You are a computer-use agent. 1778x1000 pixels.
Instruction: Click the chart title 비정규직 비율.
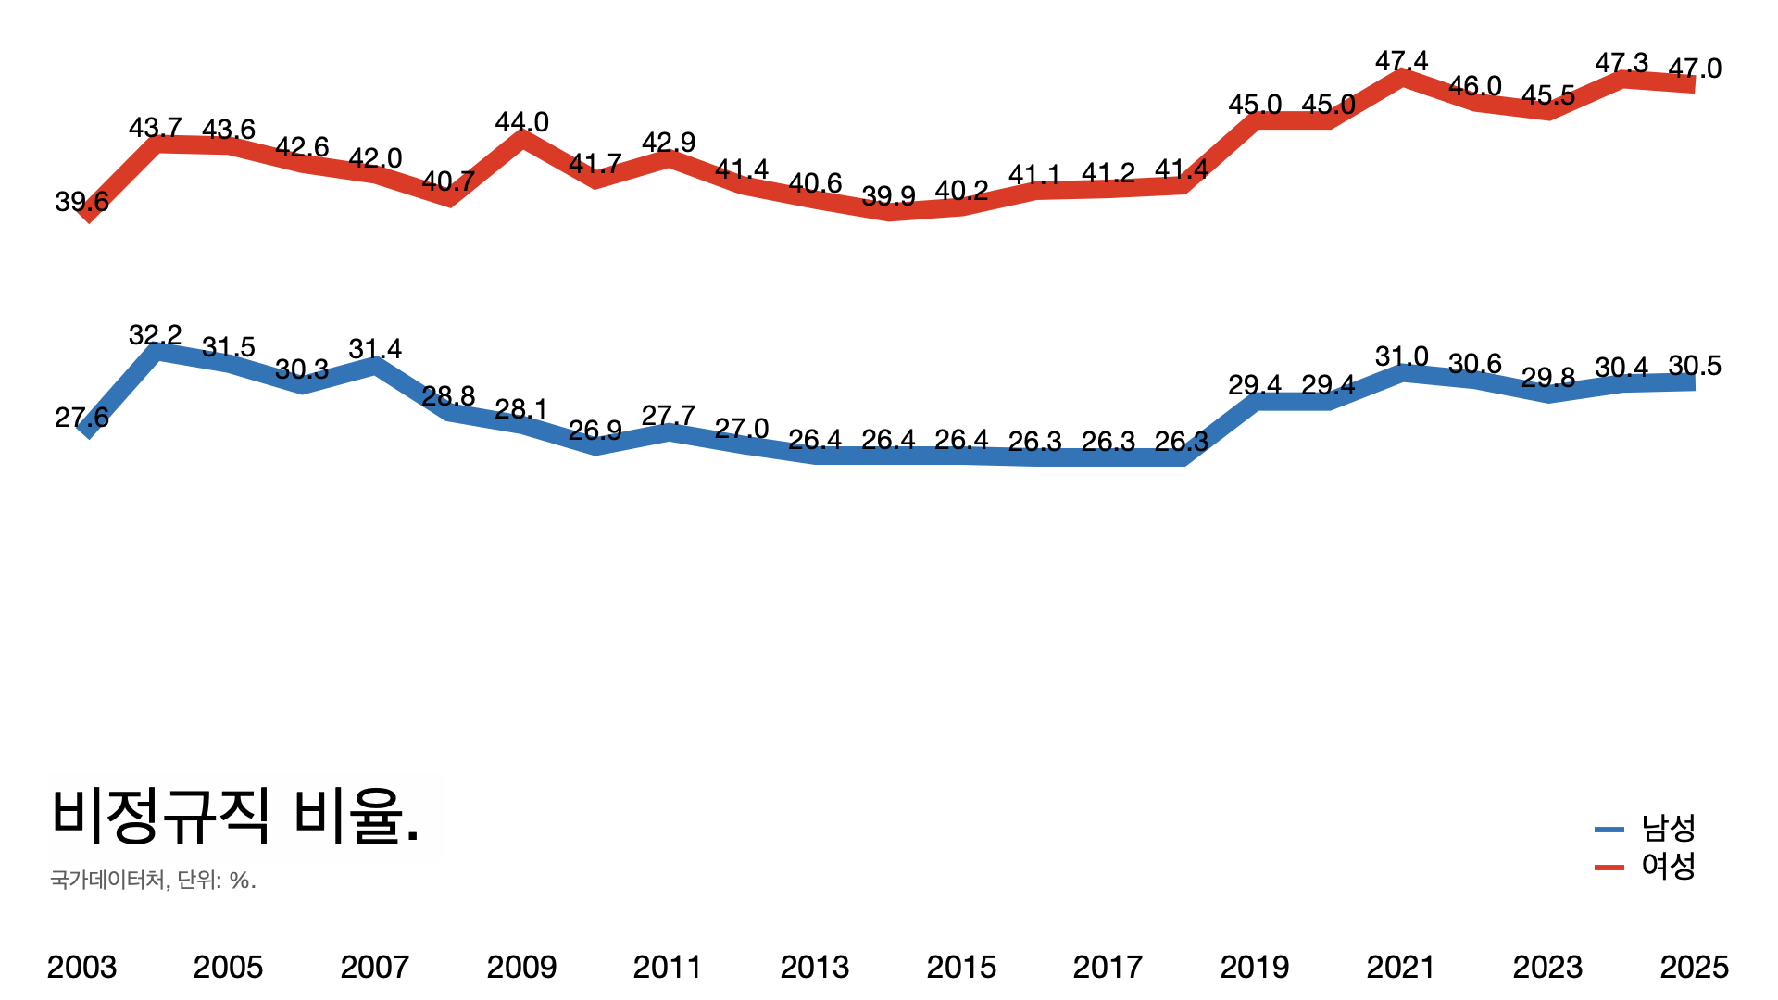pyautogui.click(x=236, y=816)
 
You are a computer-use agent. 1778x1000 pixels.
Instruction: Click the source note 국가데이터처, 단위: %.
pyautogui.click(x=153, y=880)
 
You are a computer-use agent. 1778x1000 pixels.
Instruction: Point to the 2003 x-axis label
pyautogui.click(x=81, y=968)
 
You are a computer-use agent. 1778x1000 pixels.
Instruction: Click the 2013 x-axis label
pyautogui.click(x=815, y=968)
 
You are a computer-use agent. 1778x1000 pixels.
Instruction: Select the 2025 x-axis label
pyautogui.click(x=1694, y=968)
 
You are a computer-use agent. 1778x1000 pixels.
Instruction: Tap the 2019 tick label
pyautogui.click(x=1255, y=968)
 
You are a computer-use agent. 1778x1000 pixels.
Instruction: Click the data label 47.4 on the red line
pyautogui.click(x=1401, y=61)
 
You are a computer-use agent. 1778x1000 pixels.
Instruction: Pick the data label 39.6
pyautogui.click(x=81, y=201)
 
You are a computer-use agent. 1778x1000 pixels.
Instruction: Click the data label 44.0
pyautogui.click(x=521, y=122)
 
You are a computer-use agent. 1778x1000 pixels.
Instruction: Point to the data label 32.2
pyautogui.click(x=155, y=334)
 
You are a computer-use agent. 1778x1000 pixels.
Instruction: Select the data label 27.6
pyautogui.click(x=81, y=418)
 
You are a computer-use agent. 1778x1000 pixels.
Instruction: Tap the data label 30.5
pyautogui.click(x=1694, y=366)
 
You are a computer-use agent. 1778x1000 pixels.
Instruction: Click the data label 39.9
pyautogui.click(x=888, y=196)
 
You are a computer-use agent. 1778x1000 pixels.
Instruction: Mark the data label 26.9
pyautogui.click(x=595, y=431)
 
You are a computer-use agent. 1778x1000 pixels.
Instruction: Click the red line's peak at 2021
pyautogui.click(x=1403, y=77)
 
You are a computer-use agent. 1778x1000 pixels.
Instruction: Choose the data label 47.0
pyautogui.click(x=1695, y=69)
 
